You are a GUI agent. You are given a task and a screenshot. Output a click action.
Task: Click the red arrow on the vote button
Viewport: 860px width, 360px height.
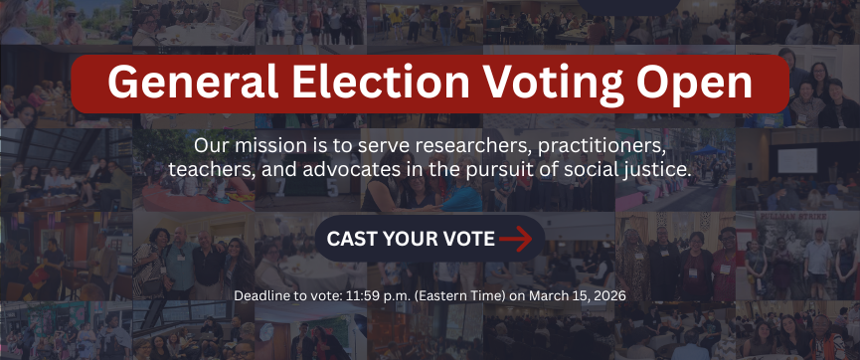click(516, 239)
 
